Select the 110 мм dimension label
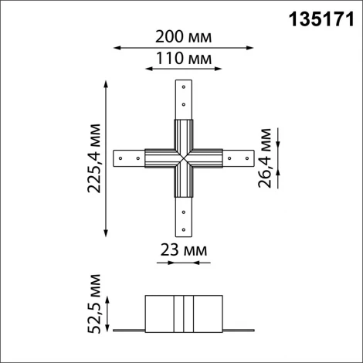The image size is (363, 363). (183, 59)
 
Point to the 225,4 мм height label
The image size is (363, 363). (94, 158)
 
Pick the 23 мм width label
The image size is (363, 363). (184, 250)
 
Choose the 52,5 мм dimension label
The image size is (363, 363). (95, 303)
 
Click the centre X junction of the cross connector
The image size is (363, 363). (183, 158)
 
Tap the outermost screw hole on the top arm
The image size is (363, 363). (183, 87)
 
